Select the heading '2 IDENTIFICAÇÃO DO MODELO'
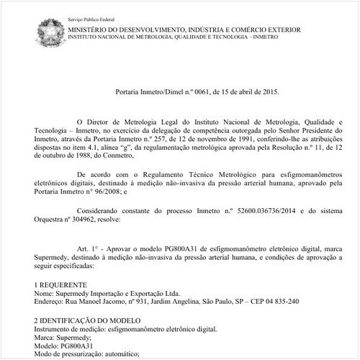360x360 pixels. click(90, 319)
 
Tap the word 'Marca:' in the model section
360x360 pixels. click(45, 336)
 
